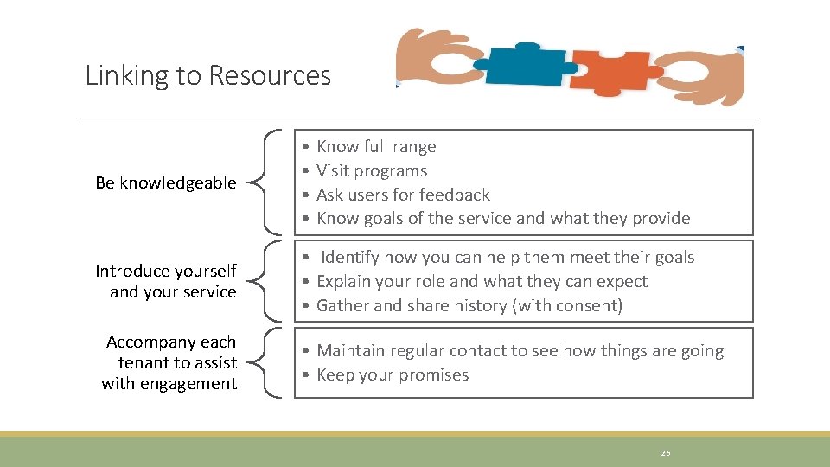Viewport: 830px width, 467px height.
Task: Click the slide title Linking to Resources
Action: [207, 76]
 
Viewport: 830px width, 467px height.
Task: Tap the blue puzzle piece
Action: [523, 66]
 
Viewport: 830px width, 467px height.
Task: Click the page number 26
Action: [666, 452]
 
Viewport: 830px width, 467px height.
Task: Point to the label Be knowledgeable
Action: [166, 182]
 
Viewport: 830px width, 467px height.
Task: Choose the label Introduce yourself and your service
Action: [166, 281]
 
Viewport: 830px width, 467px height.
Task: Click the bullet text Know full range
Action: [376, 147]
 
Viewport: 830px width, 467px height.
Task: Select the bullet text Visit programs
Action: [372, 171]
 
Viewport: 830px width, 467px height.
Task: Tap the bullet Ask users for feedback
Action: [403, 195]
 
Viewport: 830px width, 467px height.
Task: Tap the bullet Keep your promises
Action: [393, 375]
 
